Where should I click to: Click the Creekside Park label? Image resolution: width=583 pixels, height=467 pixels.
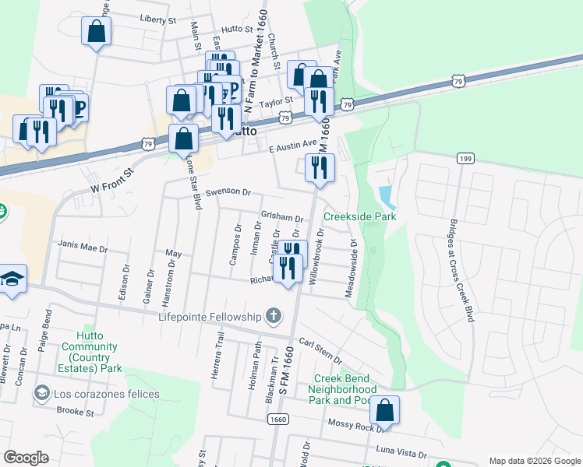point(359,216)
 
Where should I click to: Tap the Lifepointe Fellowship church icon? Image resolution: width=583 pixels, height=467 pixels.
point(273,316)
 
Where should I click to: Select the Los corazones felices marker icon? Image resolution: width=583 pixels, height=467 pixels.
point(41,394)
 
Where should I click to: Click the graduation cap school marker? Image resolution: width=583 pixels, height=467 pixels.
point(12,279)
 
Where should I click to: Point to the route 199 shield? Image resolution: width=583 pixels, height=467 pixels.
point(466,158)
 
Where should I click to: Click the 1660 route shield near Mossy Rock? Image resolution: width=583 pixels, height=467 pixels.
point(278,419)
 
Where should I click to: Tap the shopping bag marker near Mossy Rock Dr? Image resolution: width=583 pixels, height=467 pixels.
point(385,409)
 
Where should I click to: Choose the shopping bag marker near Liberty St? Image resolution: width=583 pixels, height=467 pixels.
point(97,32)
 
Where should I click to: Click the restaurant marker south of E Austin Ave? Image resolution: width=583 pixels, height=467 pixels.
point(320,167)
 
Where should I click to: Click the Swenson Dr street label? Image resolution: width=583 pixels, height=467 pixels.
point(228,191)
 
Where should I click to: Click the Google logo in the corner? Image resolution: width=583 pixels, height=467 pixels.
point(26,457)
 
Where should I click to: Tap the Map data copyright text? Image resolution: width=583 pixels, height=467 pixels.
point(535,461)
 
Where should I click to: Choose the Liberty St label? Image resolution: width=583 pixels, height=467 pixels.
point(157,18)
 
